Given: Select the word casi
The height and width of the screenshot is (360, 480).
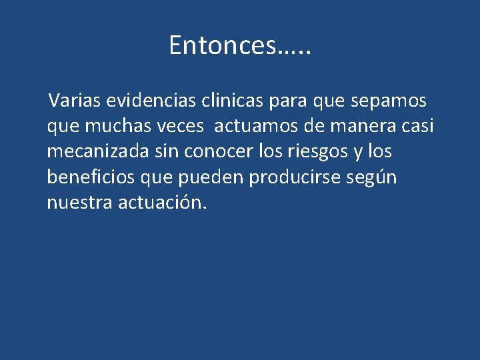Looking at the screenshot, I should [420, 126].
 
